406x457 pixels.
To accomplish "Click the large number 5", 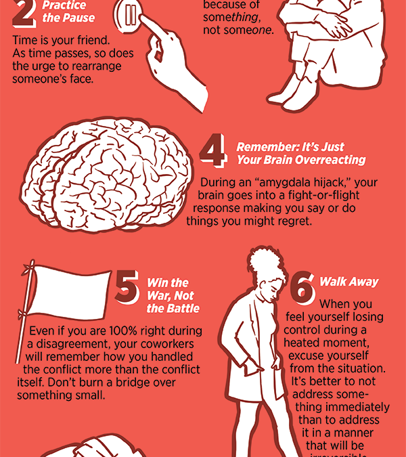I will (127, 287).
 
